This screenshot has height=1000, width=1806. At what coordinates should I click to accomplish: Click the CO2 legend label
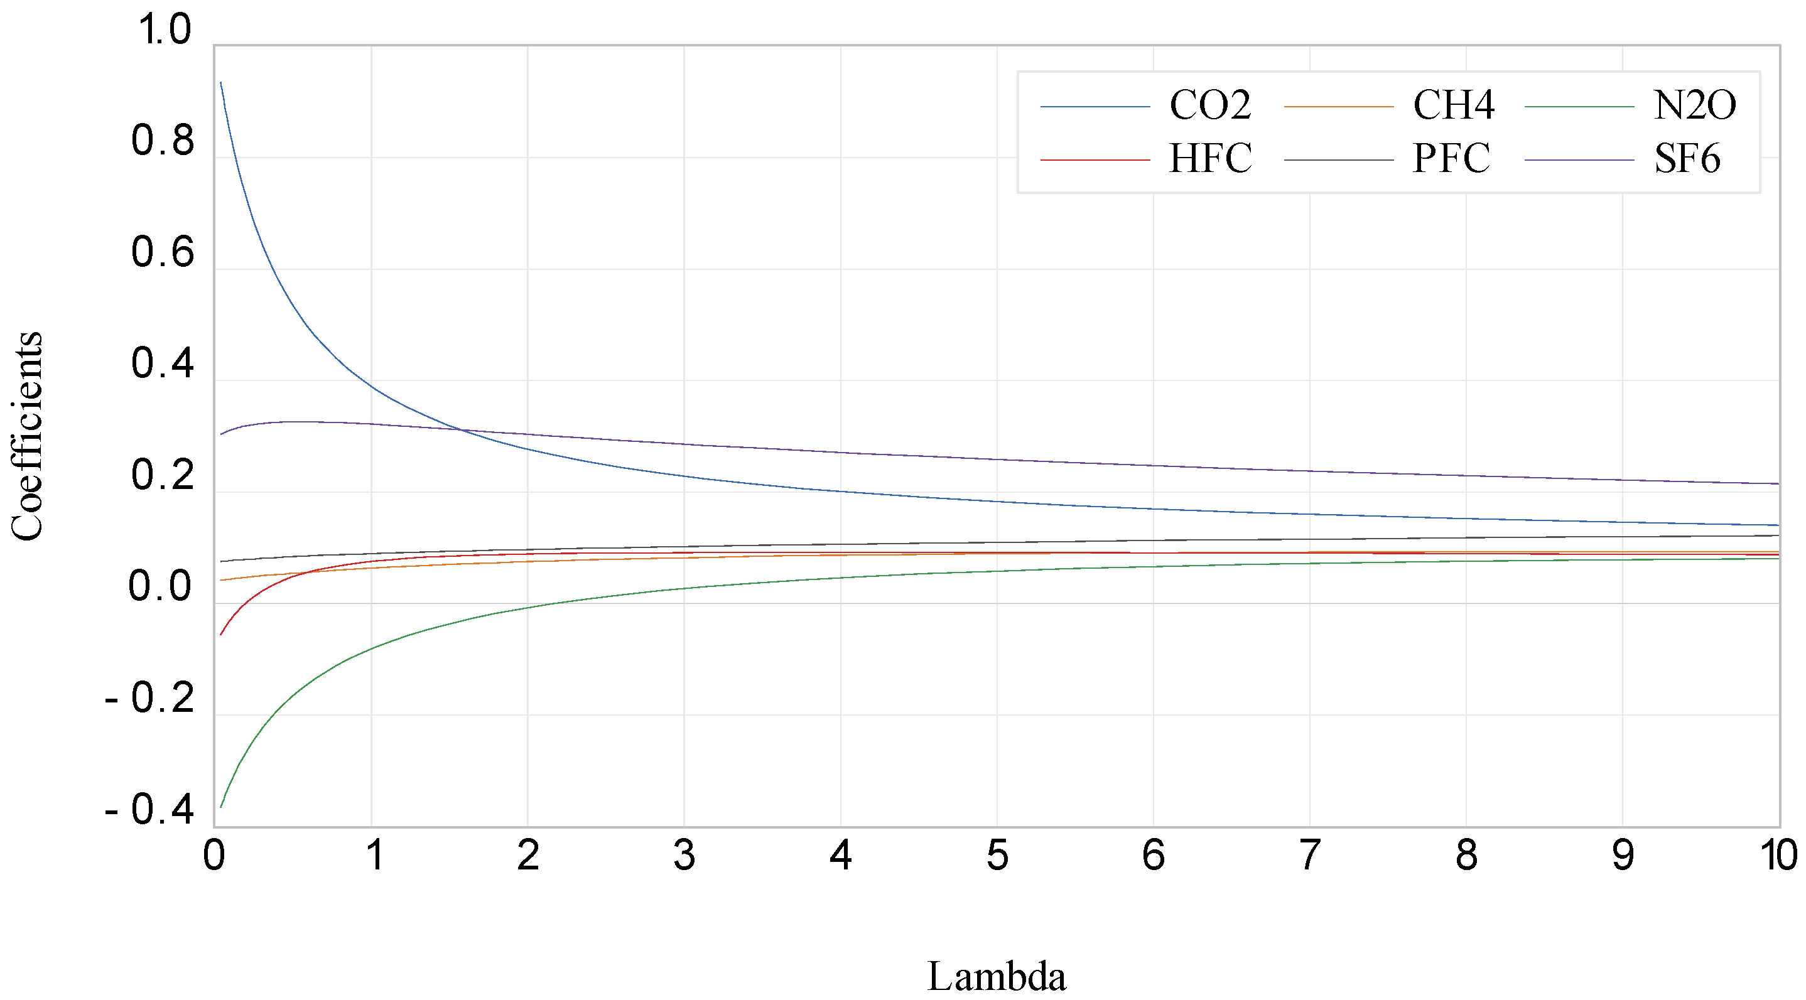(1209, 106)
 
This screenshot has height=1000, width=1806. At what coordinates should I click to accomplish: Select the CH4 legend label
(1453, 106)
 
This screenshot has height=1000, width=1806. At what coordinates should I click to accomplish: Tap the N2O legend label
(1694, 106)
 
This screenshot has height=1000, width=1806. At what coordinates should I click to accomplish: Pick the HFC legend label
(1209, 159)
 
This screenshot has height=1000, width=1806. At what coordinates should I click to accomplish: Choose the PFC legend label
(1451, 159)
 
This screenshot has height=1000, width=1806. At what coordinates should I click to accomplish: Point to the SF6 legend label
(1687, 159)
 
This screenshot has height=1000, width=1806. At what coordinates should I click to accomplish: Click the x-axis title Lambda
(996, 976)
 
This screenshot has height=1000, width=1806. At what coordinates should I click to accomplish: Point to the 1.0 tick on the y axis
(164, 30)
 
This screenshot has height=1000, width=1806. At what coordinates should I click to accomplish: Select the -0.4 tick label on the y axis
(149, 810)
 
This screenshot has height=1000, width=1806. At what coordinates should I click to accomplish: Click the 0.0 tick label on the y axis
(160, 586)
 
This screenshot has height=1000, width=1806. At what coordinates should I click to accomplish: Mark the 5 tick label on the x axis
(997, 856)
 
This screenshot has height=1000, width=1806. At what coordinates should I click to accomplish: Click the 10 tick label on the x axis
(1778, 856)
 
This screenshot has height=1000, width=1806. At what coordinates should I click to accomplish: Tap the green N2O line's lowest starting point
(221, 807)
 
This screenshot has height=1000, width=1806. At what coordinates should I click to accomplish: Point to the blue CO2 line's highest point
(221, 83)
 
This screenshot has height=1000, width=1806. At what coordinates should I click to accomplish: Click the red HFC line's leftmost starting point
(221, 635)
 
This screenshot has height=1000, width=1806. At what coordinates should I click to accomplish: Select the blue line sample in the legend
(1095, 107)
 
